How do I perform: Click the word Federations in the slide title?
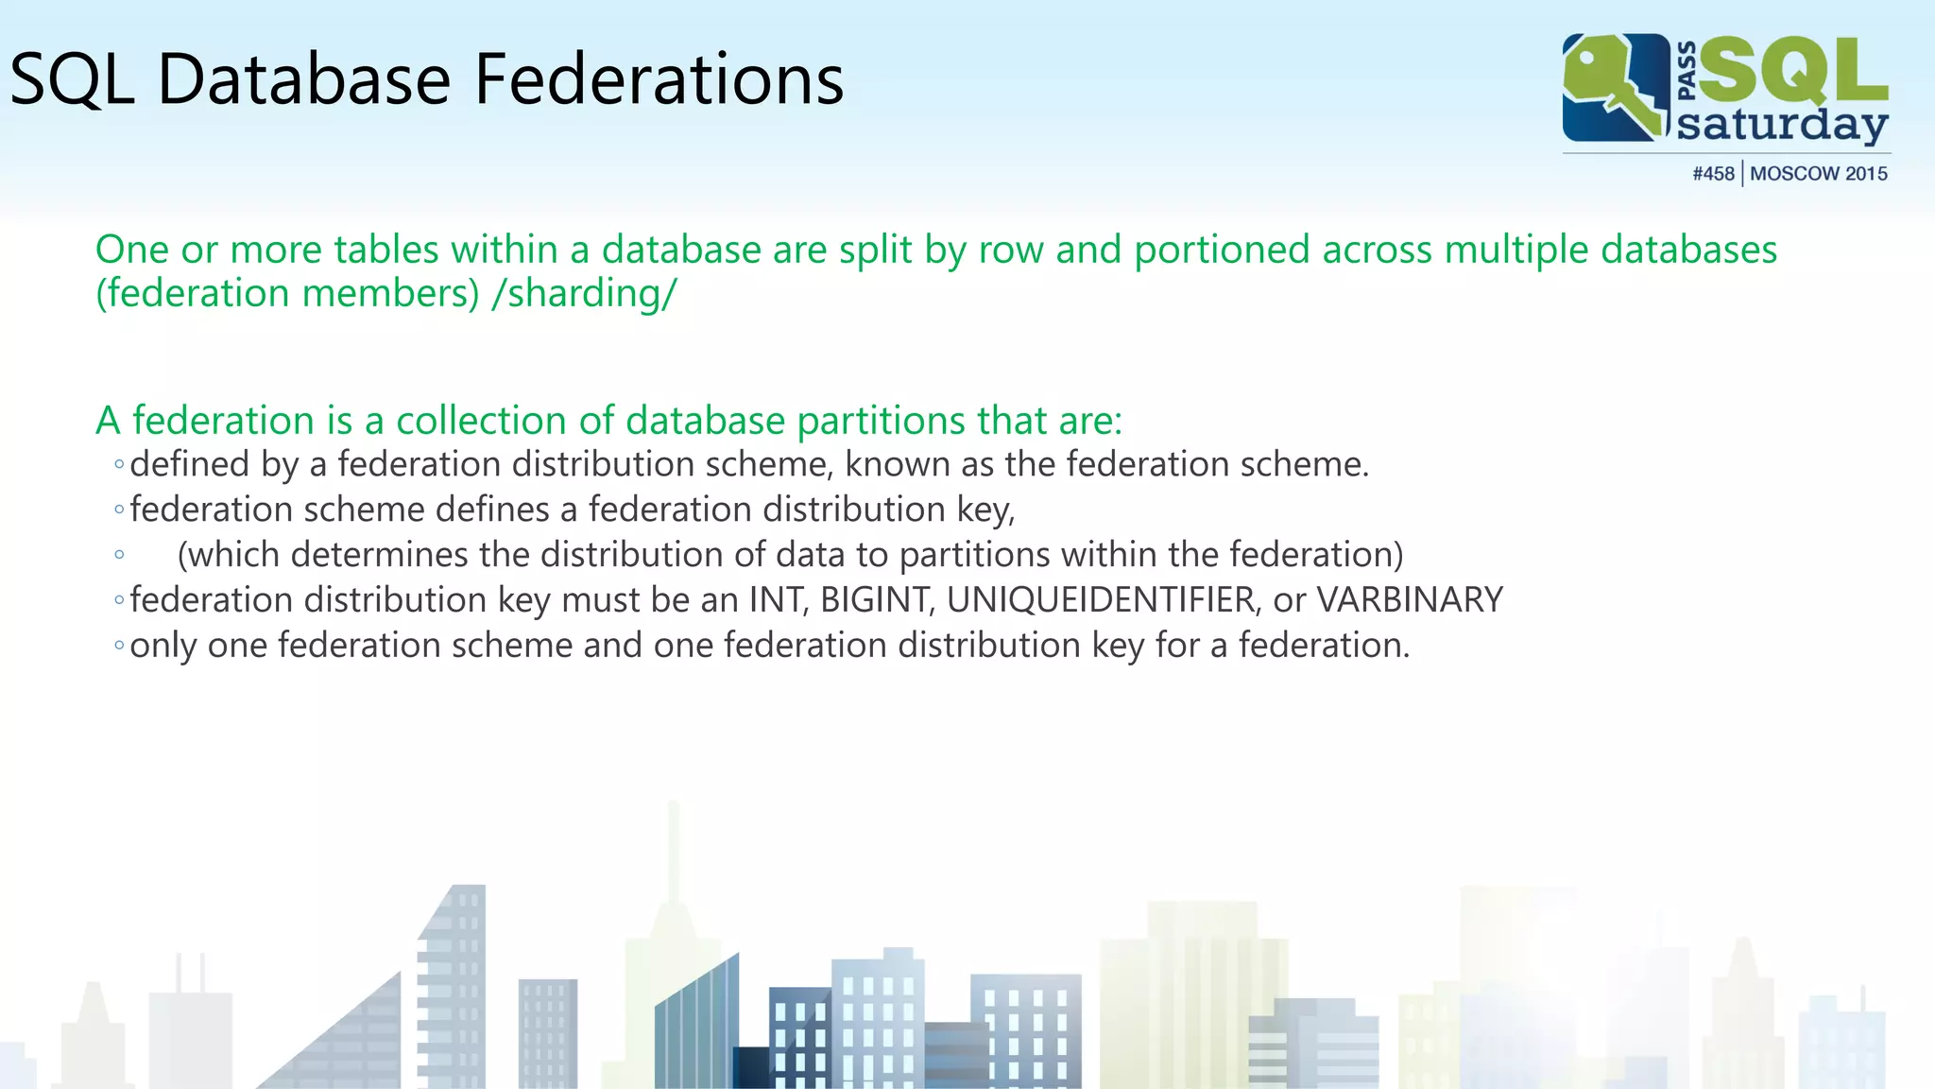click(x=659, y=78)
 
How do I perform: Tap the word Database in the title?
click(x=304, y=78)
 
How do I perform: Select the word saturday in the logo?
click(x=1782, y=125)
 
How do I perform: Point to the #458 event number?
click(x=1713, y=174)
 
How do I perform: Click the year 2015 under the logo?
click(x=1866, y=174)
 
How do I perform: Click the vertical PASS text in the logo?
click(x=1687, y=71)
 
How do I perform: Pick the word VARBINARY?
click(x=1410, y=600)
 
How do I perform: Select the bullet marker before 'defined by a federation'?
click(x=119, y=464)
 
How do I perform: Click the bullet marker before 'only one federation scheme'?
click(x=119, y=646)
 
